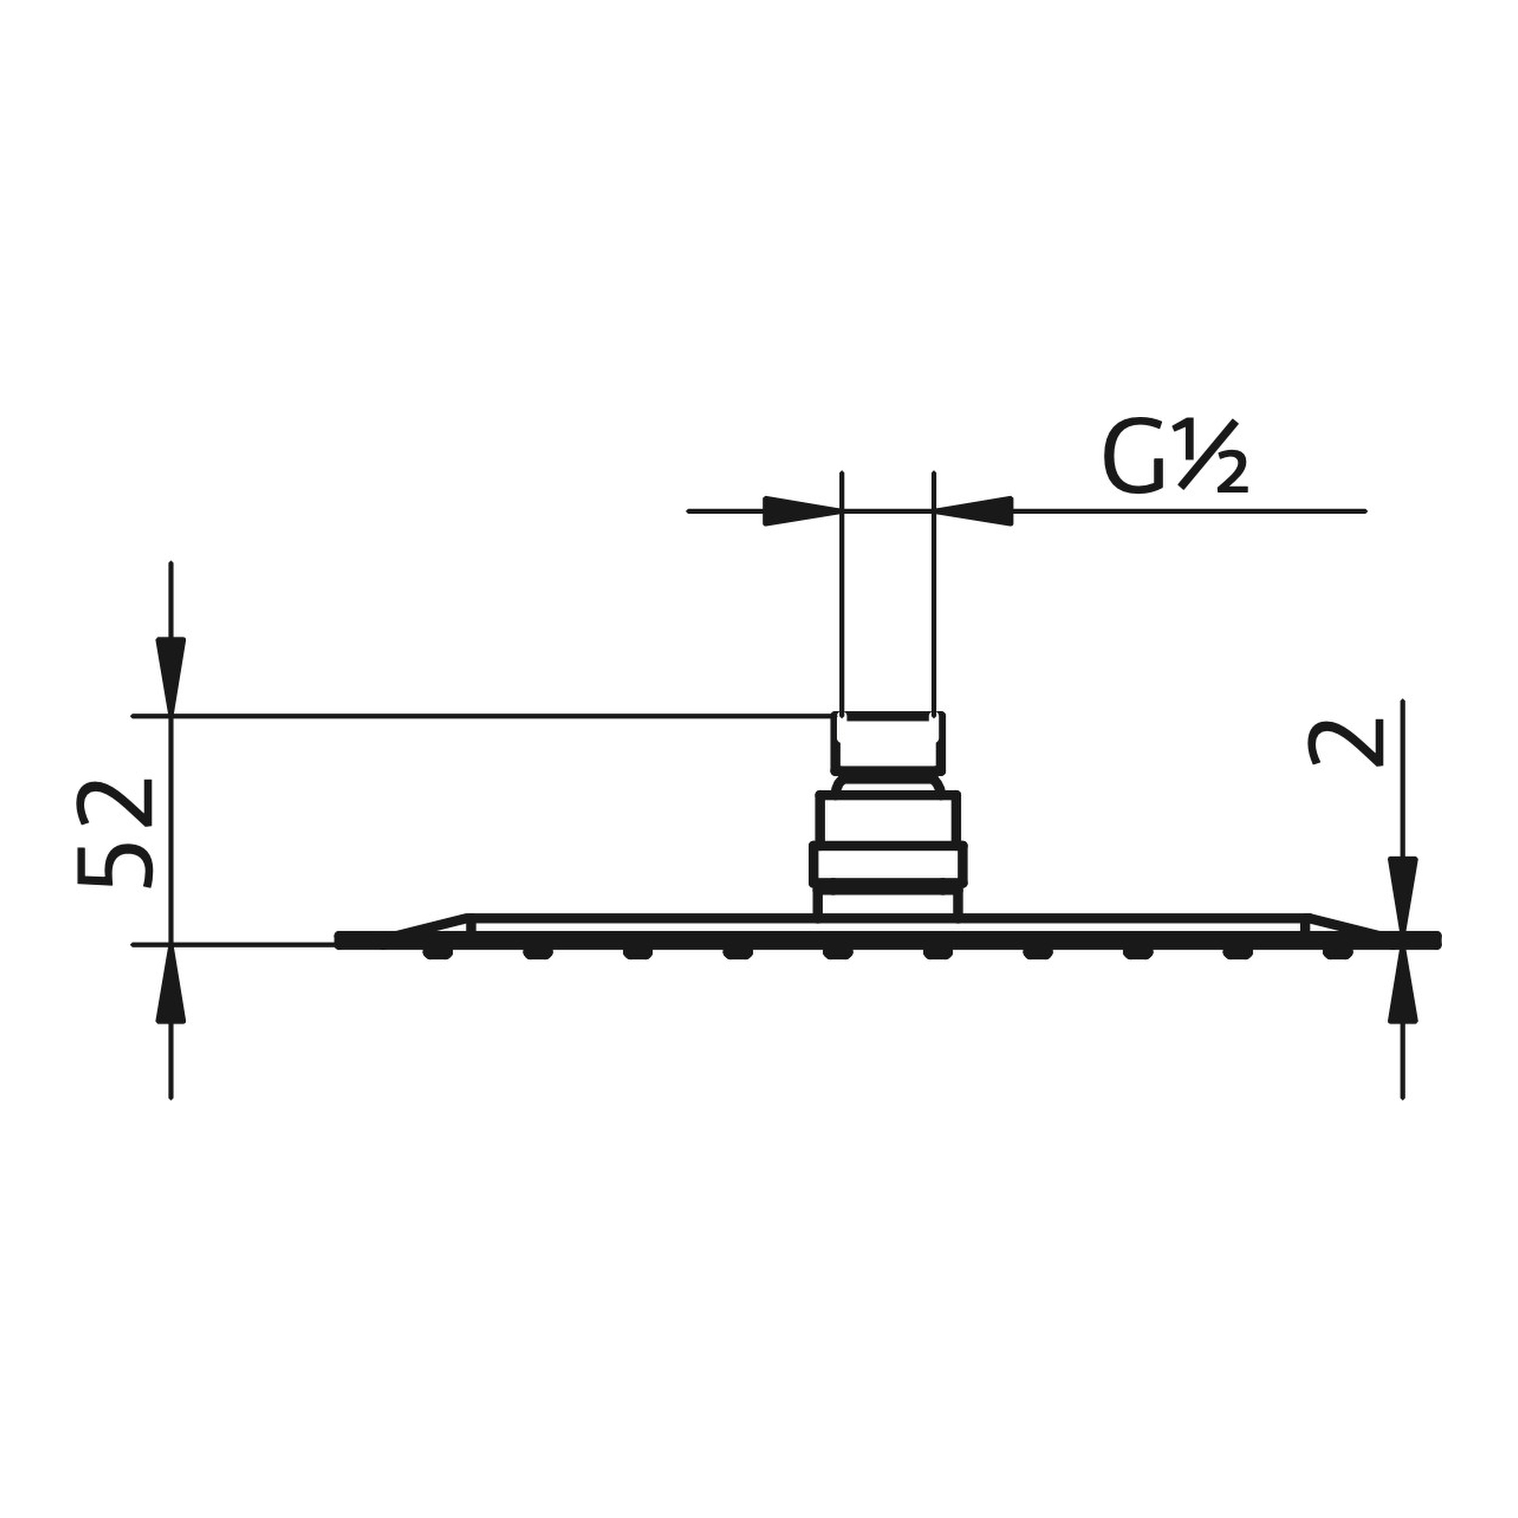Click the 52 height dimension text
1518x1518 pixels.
click(x=116, y=834)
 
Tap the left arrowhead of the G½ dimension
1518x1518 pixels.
click(x=798, y=511)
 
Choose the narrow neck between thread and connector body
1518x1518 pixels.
click(x=888, y=784)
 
